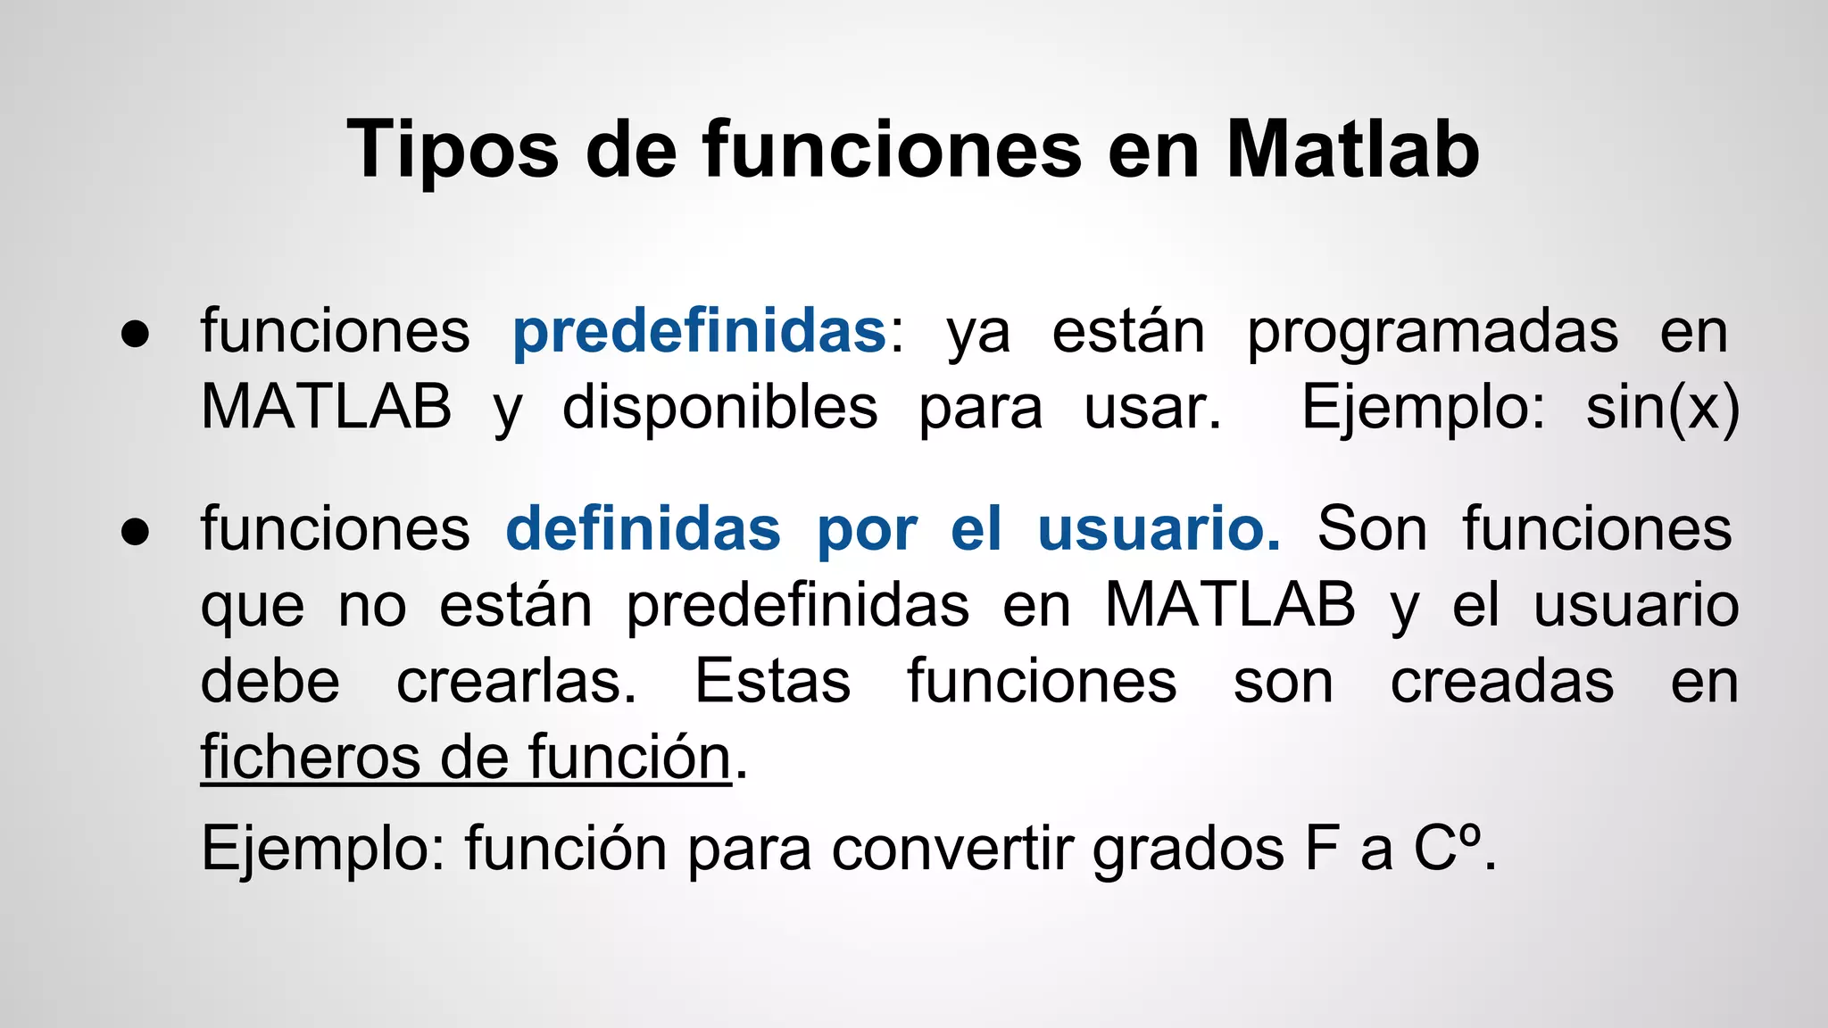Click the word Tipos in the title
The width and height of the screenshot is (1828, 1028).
coord(453,150)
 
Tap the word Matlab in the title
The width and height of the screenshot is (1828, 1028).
coord(1353,150)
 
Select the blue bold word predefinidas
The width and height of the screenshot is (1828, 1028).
coord(699,331)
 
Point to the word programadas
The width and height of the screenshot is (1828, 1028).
coord(1432,333)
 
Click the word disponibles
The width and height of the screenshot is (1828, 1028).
coord(719,409)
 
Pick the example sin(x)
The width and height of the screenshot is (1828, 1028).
coord(1662,409)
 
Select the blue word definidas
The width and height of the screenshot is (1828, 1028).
coord(643,528)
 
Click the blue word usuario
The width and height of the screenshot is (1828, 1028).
coord(1158,528)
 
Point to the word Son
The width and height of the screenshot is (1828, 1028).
coord(1372,528)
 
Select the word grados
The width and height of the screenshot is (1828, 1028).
coord(1188,850)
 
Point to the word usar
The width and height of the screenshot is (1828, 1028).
coord(1151,409)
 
